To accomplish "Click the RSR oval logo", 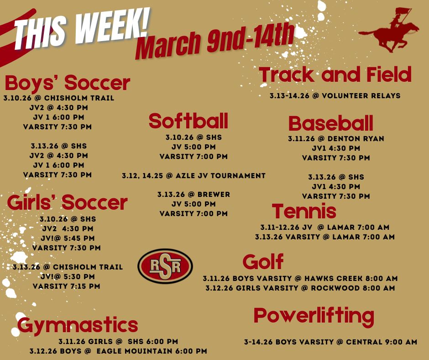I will [165, 266].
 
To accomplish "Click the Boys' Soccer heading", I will [68, 84].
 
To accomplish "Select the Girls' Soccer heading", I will [67, 202].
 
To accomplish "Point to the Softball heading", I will [188, 121].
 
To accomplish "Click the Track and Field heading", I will [335, 75].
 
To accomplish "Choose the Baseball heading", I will [331, 124].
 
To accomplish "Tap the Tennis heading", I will [304, 212].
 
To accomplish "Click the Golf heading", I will [263, 262].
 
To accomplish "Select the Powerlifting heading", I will [314, 316].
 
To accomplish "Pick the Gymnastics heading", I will [78, 325].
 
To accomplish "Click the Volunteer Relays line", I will [335, 96].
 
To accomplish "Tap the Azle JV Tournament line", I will [194, 175].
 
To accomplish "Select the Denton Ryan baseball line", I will [336, 138].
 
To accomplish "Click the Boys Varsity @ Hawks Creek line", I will [300, 278].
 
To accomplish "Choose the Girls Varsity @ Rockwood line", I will [300, 288].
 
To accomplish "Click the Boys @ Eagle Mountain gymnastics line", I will [118, 351].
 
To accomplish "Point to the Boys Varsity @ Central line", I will [330, 342].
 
